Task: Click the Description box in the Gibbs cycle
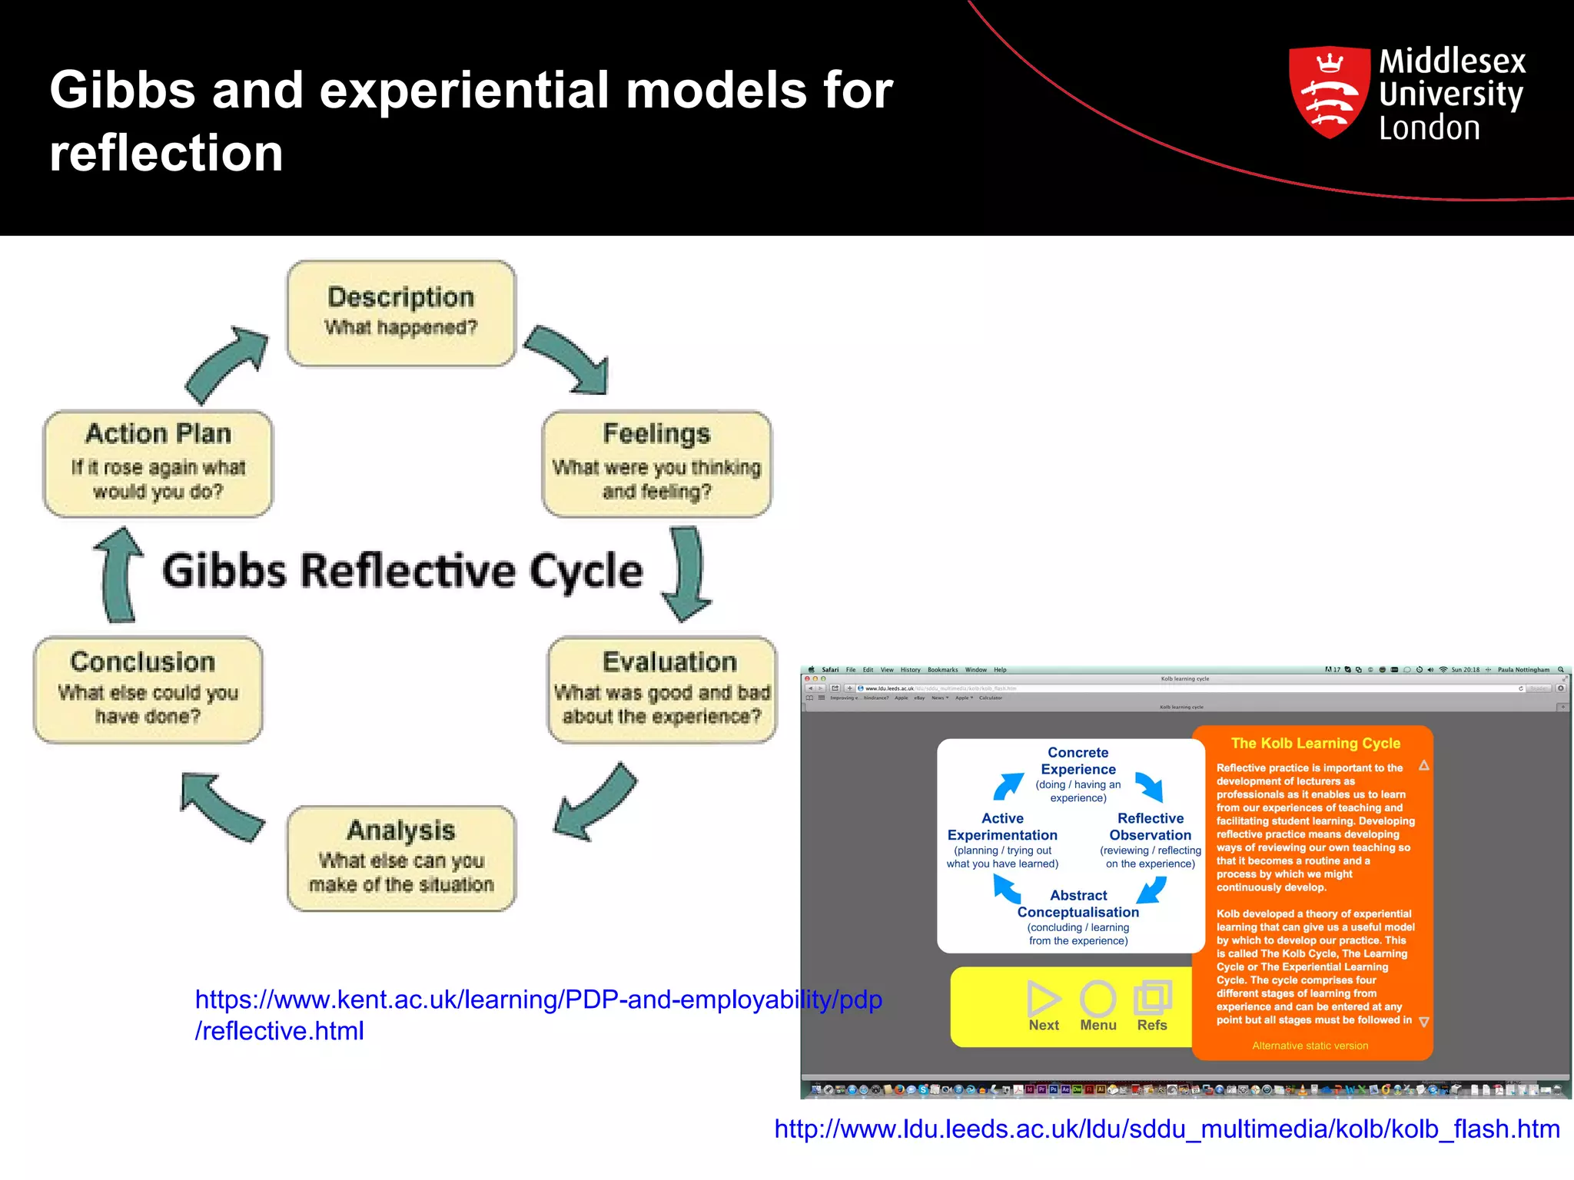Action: (400, 313)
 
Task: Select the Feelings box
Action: (656, 463)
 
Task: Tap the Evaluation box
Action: (662, 689)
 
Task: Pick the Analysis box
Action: (401, 858)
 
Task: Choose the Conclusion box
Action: (148, 689)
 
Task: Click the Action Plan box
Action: (158, 463)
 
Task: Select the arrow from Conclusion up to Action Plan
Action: (119, 575)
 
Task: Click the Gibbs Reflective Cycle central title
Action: (402, 571)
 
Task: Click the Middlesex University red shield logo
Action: (1329, 92)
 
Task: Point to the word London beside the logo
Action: (1429, 128)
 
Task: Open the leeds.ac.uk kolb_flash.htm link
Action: (1167, 1129)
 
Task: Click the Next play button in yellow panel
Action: (1044, 1006)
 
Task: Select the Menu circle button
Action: (1097, 1006)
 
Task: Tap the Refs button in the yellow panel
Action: (1152, 1006)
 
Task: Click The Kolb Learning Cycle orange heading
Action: (1315, 743)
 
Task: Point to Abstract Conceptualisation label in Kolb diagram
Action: (1078, 904)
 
